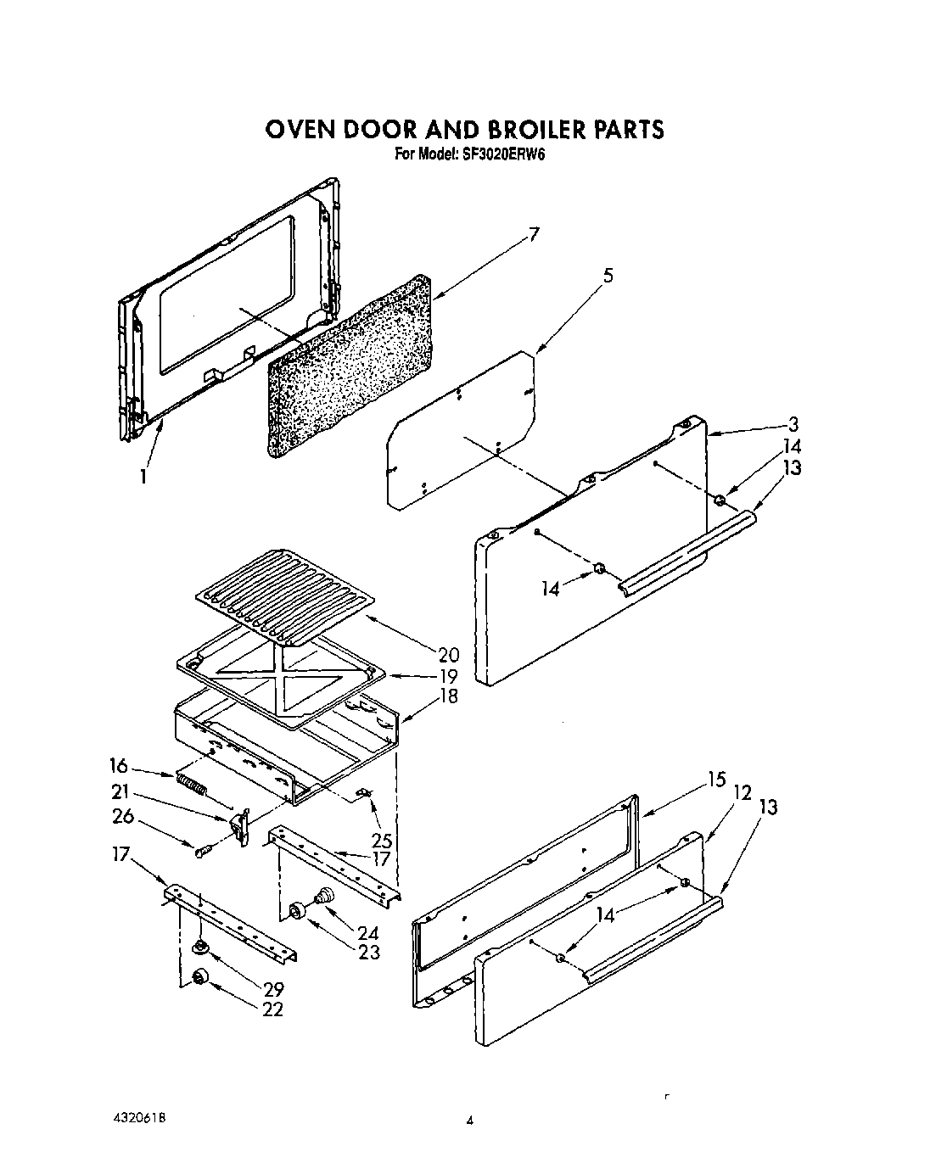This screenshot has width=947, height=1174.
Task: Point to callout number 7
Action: pos(533,235)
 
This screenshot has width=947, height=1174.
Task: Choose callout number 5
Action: pos(608,275)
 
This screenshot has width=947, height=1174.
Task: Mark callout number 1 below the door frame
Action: pos(143,477)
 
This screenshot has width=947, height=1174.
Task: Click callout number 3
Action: pos(792,425)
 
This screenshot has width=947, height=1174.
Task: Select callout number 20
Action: pos(448,654)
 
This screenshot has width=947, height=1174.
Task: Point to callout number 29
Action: pos(272,989)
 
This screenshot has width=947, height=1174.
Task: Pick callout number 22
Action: pos(272,1009)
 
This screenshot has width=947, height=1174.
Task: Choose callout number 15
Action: pos(717,780)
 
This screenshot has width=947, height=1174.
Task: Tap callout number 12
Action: pos(742,792)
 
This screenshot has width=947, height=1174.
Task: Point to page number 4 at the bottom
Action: pos(468,1121)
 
